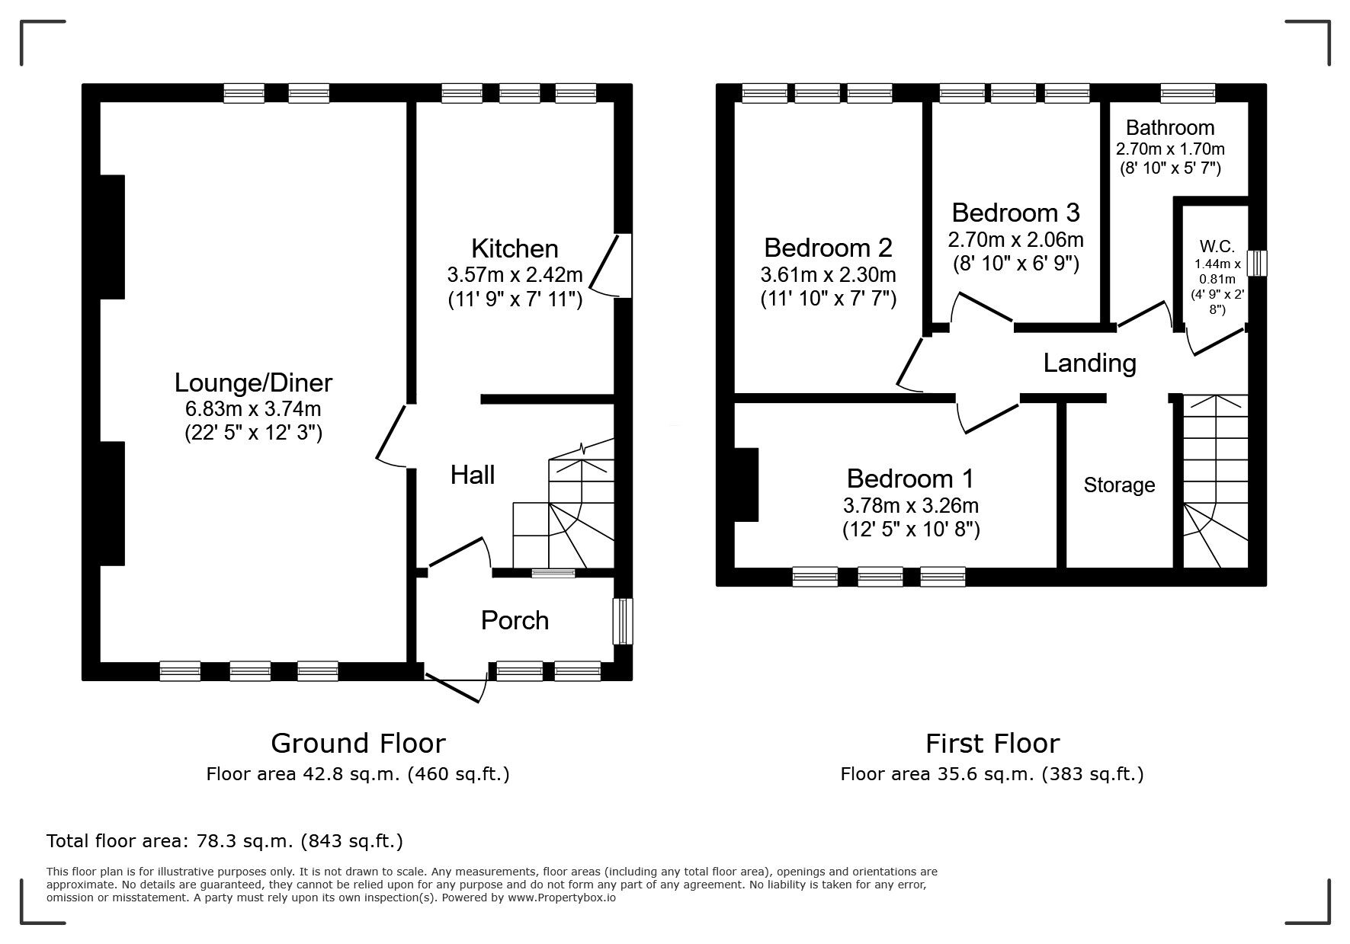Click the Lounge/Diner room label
click(254, 382)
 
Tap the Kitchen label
click(515, 248)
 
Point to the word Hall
click(473, 475)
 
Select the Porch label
click(515, 620)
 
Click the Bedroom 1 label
click(910, 478)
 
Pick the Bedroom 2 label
click(828, 248)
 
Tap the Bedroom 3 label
click(1015, 212)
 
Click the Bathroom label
click(1170, 127)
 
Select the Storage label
click(1119, 485)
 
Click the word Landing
click(1089, 363)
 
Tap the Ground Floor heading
click(358, 743)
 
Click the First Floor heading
click(992, 743)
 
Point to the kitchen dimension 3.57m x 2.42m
click(515, 274)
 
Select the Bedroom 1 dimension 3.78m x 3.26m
click(911, 505)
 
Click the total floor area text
click(225, 841)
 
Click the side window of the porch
click(623, 621)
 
